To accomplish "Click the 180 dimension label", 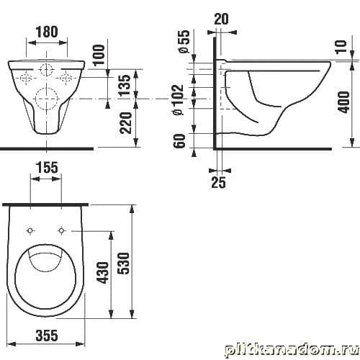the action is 47,32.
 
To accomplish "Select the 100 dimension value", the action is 99,55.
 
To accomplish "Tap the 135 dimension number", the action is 125,85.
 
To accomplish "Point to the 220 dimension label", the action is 126,122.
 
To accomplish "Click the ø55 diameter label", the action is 184,41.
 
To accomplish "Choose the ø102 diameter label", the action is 178,100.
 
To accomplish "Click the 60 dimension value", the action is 180,141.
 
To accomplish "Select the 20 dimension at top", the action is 221,19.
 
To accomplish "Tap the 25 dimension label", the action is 219,182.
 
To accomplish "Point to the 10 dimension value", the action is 341,47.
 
